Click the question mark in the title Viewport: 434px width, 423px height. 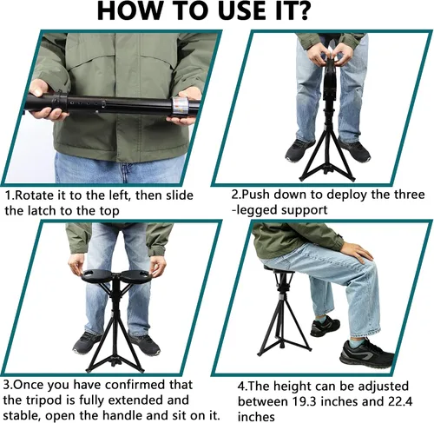pos(299,11)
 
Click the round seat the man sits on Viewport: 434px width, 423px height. pos(279,268)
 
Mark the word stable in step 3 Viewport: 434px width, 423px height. pos(22,416)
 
